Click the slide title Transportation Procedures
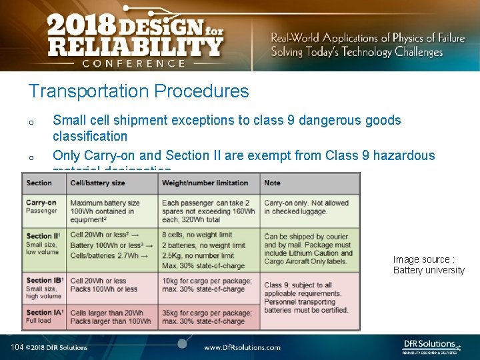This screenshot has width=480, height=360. [x=138, y=91]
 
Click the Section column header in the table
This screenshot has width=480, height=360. [x=39, y=183]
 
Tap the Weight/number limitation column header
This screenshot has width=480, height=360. [x=205, y=183]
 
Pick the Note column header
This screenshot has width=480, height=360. [x=273, y=183]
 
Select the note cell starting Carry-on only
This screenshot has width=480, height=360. [x=307, y=207]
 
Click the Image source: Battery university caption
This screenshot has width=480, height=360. [x=428, y=265]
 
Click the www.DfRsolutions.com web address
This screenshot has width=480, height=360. [x=242, y=347]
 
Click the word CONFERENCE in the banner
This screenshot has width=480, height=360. [x=134, y=63]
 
